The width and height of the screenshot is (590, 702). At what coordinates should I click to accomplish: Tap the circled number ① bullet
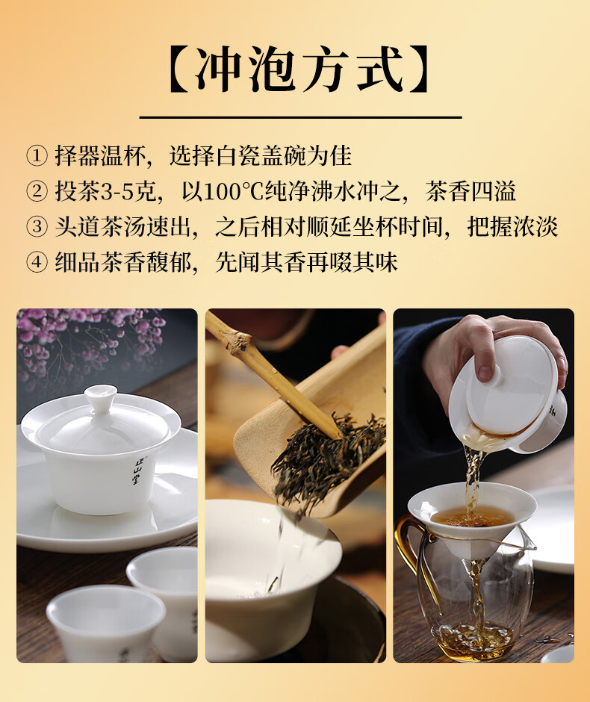pyautogui.click(x=37, y=156)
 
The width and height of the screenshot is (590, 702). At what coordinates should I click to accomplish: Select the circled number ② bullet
pyautogui.click(x=37, y=191)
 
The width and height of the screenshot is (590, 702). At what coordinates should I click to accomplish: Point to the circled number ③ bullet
pyautogui.click(x=37, y=226)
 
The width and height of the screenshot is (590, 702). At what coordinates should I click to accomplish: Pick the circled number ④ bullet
pyautogui.click(x=37, y=262)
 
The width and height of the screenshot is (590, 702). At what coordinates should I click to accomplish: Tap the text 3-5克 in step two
pyautogui.click(x=128, y=191)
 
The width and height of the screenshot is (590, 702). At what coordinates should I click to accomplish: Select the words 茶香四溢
pyautogui.click(x=471, y=191)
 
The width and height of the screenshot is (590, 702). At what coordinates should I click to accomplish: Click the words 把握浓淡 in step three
pyautogui.click(x=512, y=226)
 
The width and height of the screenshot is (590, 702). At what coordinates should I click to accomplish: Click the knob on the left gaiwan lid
pyautogui.click(x=101, y=397)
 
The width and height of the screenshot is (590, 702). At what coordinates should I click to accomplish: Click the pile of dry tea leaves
pyautogui.click(x=329, y=461)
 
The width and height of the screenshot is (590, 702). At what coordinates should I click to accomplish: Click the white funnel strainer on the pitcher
pyautogui.click(x=471, y=519)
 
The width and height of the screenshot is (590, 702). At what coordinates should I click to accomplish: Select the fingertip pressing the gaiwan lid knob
pyautogui.click(x=485, y=373)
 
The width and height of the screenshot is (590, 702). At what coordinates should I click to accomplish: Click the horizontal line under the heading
pyautogui.click(x=300, y=117)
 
